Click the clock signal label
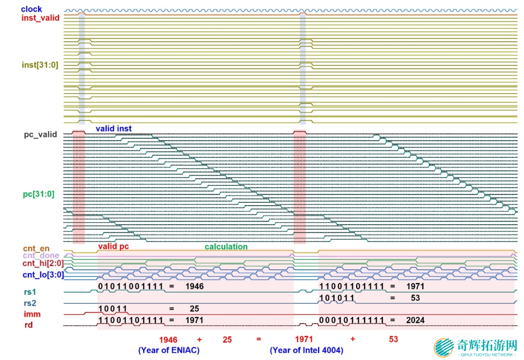32,9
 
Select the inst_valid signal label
40,18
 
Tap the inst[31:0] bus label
40,65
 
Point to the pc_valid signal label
40,135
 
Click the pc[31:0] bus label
38,194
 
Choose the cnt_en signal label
36,248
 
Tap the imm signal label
33,315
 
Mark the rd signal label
29,325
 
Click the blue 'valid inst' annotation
114,129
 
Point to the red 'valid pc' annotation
114,246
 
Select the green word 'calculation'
226,246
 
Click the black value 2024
416,320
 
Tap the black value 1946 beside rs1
195,286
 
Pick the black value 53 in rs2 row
415,298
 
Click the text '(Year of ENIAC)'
169,350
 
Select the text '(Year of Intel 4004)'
307,350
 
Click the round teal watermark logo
443,347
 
